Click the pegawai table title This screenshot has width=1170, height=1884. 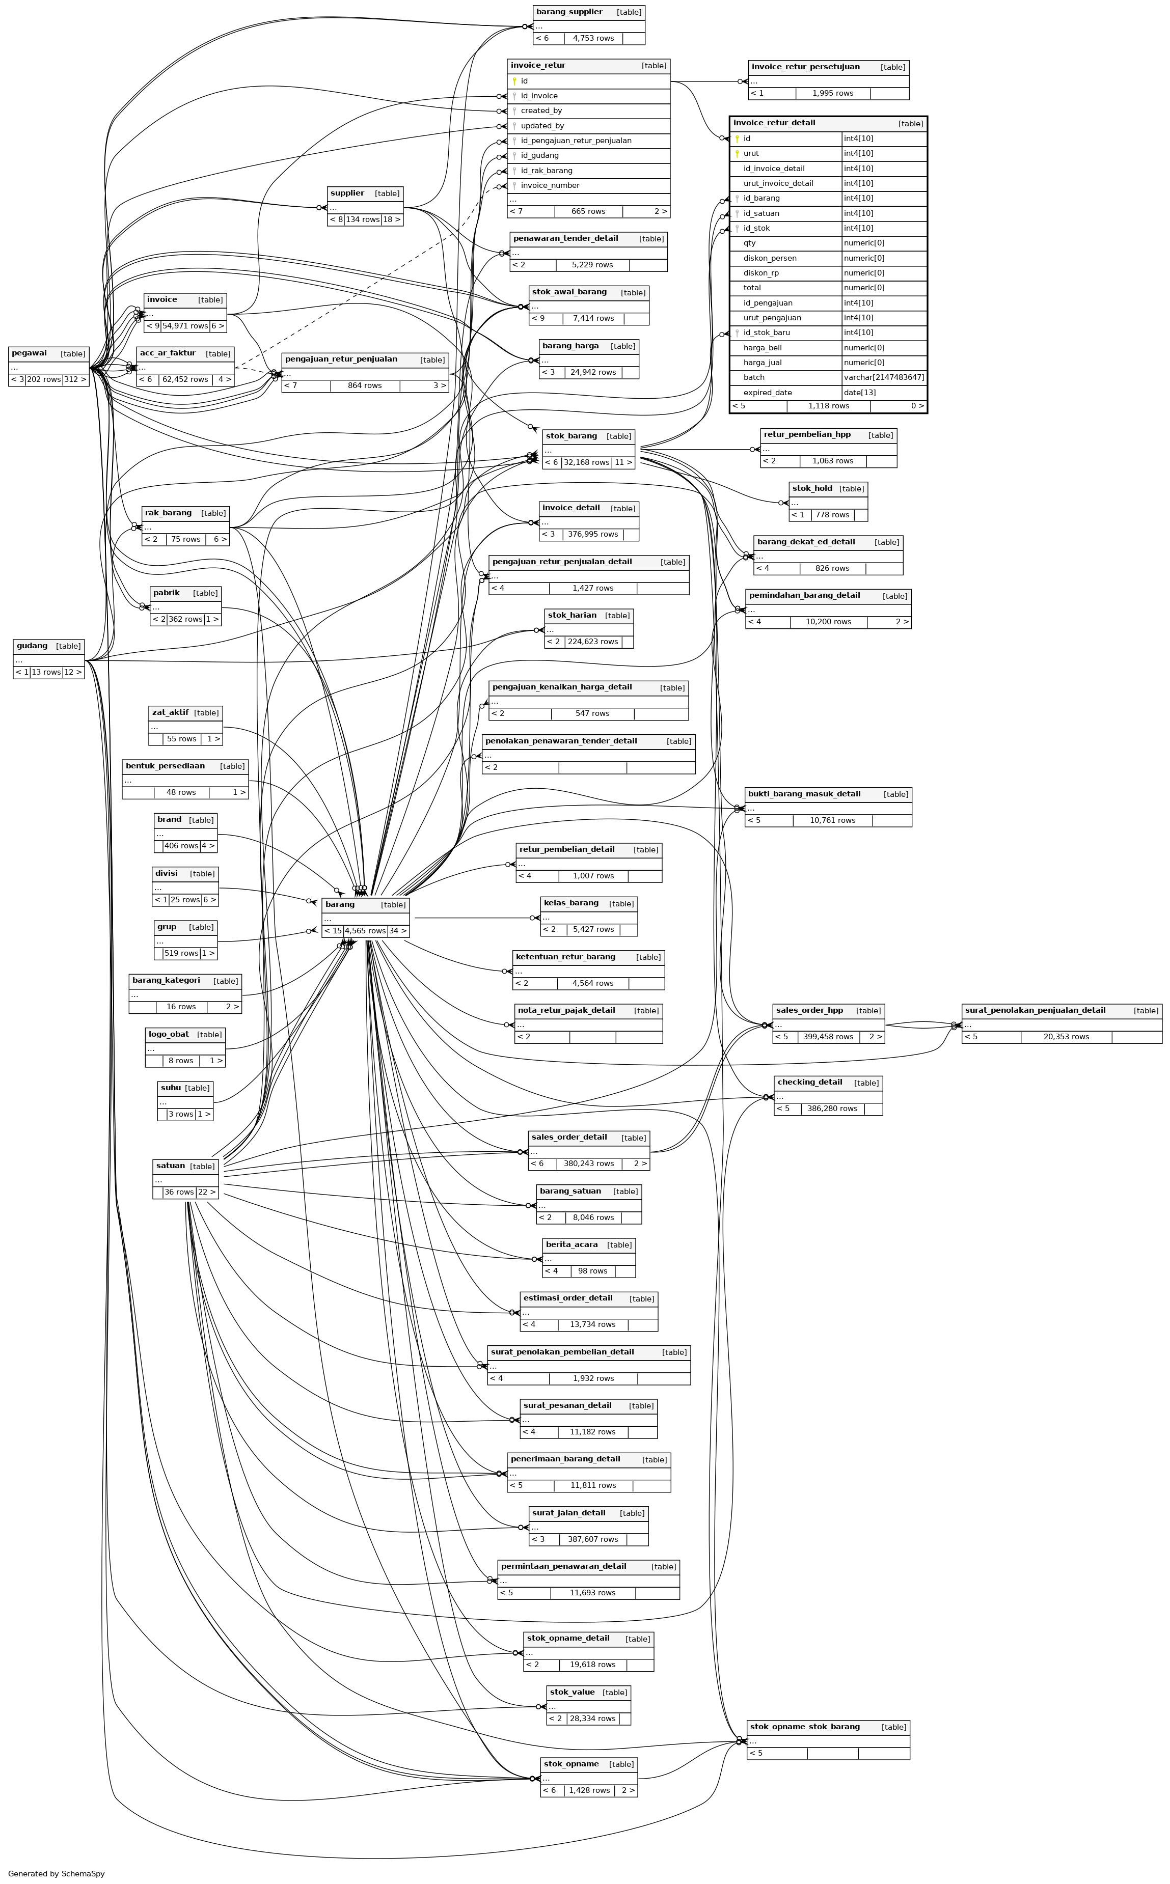point(30,353)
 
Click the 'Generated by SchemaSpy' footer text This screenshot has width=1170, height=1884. point(57,1874)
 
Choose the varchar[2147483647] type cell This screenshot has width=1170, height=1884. point(884,377)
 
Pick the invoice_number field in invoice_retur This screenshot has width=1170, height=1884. point(550,186)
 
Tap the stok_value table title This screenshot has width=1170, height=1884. point(572,1692)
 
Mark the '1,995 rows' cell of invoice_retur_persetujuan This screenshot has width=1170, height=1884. point(833,94)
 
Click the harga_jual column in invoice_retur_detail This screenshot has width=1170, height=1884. point(762,363)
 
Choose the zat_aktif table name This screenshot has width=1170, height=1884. point(170,712)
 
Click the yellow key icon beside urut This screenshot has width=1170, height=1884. point(738,154)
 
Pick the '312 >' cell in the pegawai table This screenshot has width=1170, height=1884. point(75,380)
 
